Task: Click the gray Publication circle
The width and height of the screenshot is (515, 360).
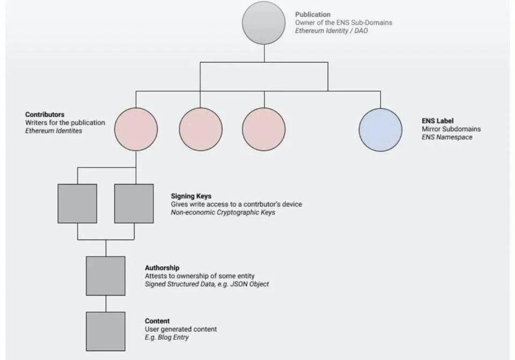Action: pyautogui.click(x=263, y=23)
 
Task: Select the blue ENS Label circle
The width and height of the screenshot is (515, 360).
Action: pyautogui.click(x=380, y=129)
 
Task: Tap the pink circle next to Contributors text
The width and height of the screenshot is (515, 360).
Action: pyautogui.click(x=136, y=129)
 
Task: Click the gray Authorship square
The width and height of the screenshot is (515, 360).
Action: pyautogui.click(x=106, y=276)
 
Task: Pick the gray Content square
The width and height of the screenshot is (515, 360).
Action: pyautogui.click(x=106, y=331)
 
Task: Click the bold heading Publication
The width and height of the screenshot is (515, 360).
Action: pyautogui.click(x=313, y=14)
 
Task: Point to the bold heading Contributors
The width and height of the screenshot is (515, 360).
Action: pyautogui.click(x=45, y=115)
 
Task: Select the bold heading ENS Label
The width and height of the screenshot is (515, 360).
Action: pyautogui.click(x=437, y=121)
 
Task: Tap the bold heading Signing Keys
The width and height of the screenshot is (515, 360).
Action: pyautogui.click(x=191, y=196)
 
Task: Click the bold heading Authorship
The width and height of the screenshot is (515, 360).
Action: pyautogui.click(x=162, y=268)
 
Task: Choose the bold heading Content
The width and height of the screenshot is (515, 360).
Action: pyautogui.click(x=157, y=321)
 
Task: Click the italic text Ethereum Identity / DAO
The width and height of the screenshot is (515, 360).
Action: pyautogui.click(x=331, y=31)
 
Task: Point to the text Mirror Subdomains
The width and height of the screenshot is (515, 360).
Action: pyautogui.click(x=451, y=129)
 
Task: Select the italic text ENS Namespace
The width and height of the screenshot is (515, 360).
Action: pyautogui.click(x=447, y=137)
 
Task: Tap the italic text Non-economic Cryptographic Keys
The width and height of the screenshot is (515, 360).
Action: pyautogui.click(x=223, y=212)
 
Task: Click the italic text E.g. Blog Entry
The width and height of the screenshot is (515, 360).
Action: pyautogui.click(x=166, y=337)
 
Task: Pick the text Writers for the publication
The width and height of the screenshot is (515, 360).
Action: pyautogui.click(x=65, y=123)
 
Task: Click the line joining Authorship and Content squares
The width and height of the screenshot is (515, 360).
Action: pyautogui.click(x=106, y=304)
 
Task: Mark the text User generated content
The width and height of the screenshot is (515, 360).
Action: pyautogui.click(x=181, y=329)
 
